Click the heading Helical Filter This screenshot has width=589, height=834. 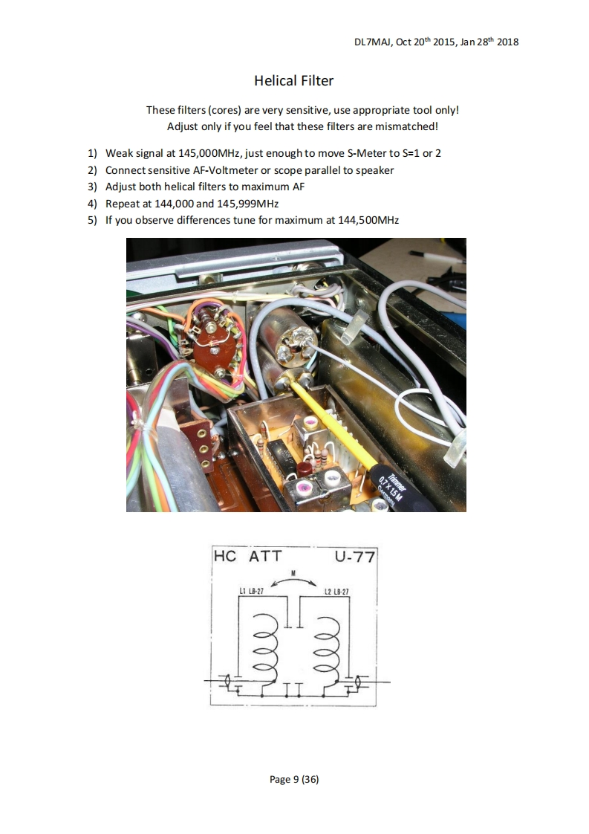click(293, 80)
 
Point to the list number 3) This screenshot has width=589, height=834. click(92, 187)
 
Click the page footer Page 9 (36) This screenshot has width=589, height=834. click(294, 779)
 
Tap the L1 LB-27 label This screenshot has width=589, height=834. click(252, 592)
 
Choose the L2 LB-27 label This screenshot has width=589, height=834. click(336, 592)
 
